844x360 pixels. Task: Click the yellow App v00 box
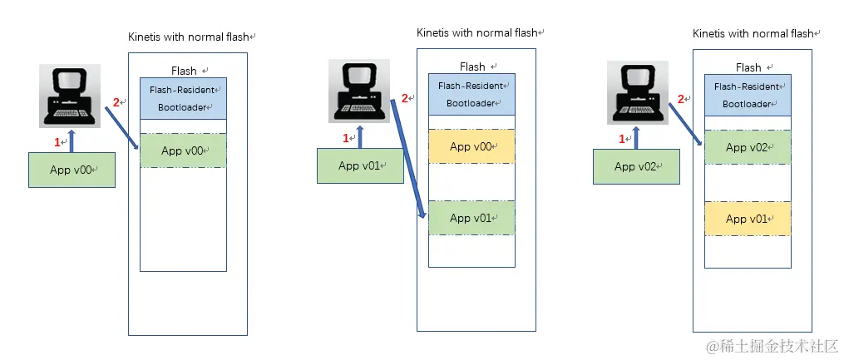(471, 146)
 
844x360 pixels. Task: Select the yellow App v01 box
(747, 219)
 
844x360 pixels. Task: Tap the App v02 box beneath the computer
(636, 166)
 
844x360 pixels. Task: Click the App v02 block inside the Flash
(747, 147)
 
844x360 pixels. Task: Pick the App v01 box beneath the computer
(359, 165)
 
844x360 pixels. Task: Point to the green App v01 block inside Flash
(471, 218)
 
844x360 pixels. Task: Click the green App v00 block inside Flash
(182, 150)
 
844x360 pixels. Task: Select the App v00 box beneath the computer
(71, 170)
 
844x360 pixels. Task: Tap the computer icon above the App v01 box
(358, 91)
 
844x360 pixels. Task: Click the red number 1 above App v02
(622, 140)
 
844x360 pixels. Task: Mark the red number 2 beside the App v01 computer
(405, 98)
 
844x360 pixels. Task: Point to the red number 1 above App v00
(57, 142)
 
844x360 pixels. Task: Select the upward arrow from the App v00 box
(72, 141)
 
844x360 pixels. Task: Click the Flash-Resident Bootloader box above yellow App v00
(471, 94)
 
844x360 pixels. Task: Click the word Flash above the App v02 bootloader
(748, 67)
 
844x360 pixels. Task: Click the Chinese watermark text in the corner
(771, 345)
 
